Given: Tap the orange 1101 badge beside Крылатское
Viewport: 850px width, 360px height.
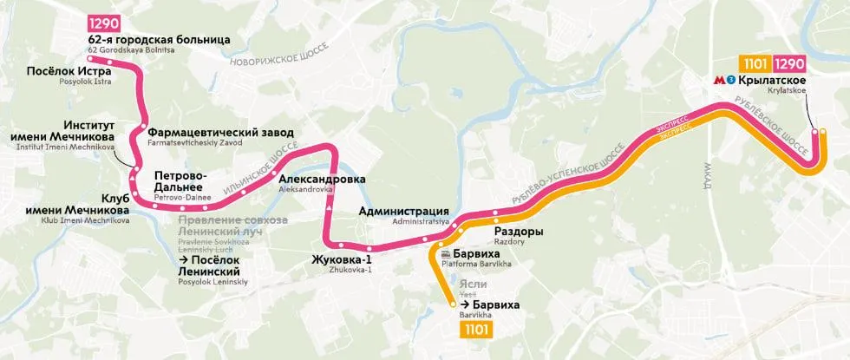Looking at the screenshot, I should click(753, 63).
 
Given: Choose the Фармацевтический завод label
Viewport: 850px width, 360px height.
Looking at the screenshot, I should click(220, 133).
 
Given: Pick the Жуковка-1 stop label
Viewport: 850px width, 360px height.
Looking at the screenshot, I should click(343, 259).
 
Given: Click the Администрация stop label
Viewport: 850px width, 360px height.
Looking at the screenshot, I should click(403, 211).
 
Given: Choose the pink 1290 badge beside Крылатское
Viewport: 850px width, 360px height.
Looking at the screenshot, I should click(789, 63).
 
